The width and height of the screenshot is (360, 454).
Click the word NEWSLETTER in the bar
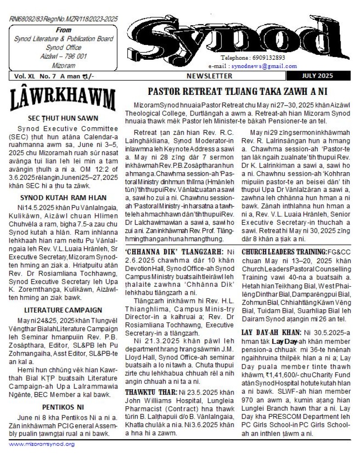[210, 76]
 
